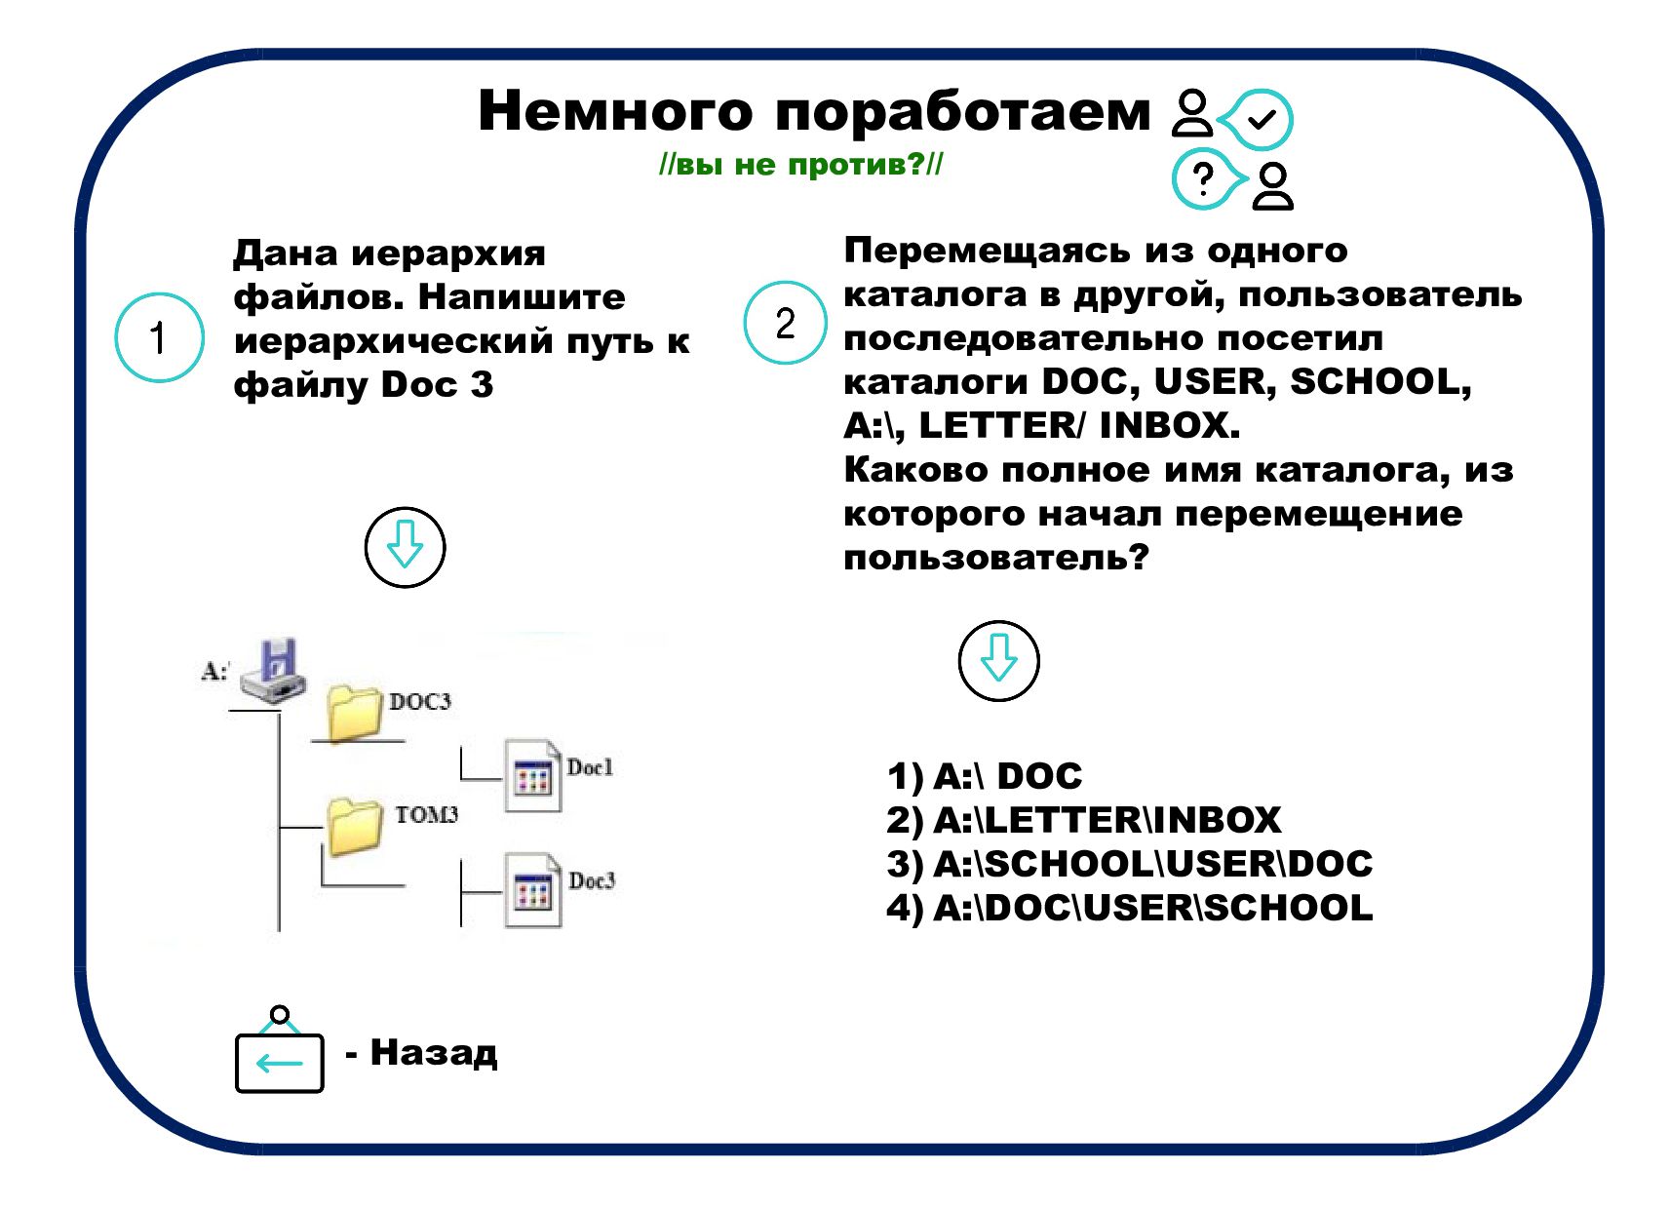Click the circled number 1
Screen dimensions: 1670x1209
click(159, 337)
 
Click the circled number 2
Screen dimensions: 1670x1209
click(785, 323)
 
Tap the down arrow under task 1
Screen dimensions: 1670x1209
click(405, 547)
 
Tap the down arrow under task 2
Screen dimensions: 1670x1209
click(998, 660)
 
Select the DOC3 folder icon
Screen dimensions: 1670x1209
click(353, 713)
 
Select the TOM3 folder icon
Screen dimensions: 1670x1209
click(353, 827)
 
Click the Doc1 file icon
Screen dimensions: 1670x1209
click(532, 776)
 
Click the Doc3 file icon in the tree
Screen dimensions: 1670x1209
click(532, 889)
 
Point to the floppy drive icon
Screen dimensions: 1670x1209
click(274, 671)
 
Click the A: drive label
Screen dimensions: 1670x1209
click(214, 671)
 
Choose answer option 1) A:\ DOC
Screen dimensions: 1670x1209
click(985, 776)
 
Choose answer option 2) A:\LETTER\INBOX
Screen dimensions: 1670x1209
click(1083, 820)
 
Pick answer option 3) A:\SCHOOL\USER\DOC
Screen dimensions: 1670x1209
click(1129, 864)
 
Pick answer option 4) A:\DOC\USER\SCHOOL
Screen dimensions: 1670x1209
click(1129, 908)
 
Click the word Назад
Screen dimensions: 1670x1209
click(433, 1053)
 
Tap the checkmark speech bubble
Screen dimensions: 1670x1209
click(1260, 120)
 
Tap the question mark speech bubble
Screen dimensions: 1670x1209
click(1205, 179)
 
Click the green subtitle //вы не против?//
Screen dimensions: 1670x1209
click(800, 164)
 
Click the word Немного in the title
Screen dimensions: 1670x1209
click(614, 111)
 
